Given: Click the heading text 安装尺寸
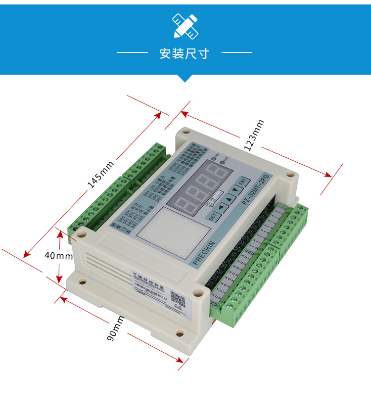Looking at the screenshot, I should click(185, 53).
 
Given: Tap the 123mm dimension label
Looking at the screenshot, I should click(254, 136).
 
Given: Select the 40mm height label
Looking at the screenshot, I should click(58, 256).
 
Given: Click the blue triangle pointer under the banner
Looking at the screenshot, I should click(185, 78).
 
